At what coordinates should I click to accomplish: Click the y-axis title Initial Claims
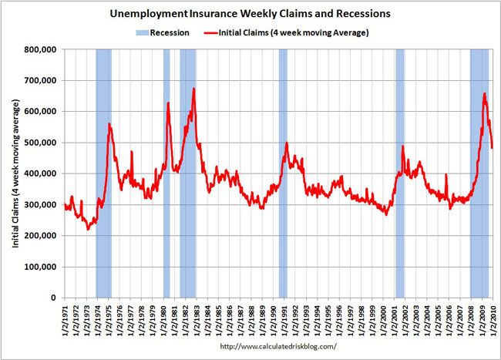pos(15,173)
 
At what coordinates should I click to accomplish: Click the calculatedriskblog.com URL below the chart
pos(278,347)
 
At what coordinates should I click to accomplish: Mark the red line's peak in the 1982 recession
pos(193,89)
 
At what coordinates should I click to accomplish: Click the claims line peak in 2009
pos(484,94)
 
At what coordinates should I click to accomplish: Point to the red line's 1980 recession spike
pos(167,103)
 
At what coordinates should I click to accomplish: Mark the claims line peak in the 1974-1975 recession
pos(109,124)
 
